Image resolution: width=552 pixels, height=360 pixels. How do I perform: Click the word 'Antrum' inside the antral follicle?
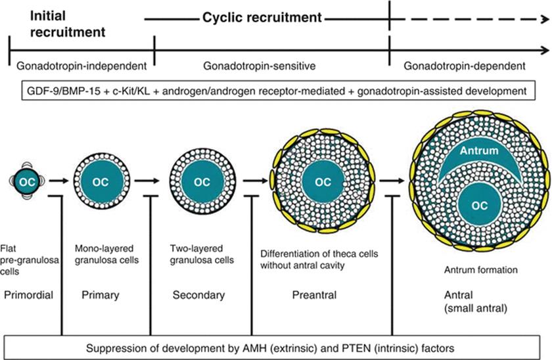click(x=478, y=150)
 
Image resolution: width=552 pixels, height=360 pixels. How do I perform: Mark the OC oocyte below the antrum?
click(x=478, y=206)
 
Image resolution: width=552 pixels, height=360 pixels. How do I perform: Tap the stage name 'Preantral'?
click(x=314, y=296)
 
